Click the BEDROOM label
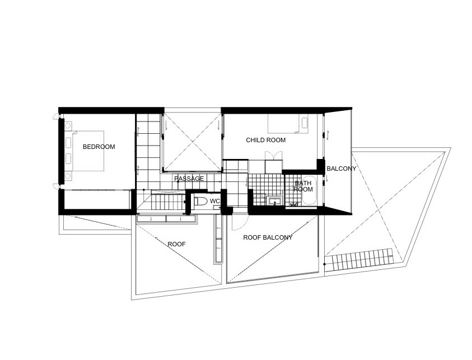click(99, 147)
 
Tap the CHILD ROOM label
click(266, 141)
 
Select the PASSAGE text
click(189, 179)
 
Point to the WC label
click(215, 201)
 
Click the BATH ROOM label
click(303, 186)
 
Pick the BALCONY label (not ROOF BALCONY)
click(342, 169)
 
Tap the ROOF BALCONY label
click(268, 237)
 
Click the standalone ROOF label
click(177, 244)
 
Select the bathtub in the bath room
click(309, 191)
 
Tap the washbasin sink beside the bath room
click(275, 201)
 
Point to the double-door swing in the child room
click(274, 156)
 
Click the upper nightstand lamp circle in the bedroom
click(68, 124)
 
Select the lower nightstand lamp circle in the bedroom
click(68, 176)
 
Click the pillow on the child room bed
click(305, 123)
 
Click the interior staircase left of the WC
click(167, 202)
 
